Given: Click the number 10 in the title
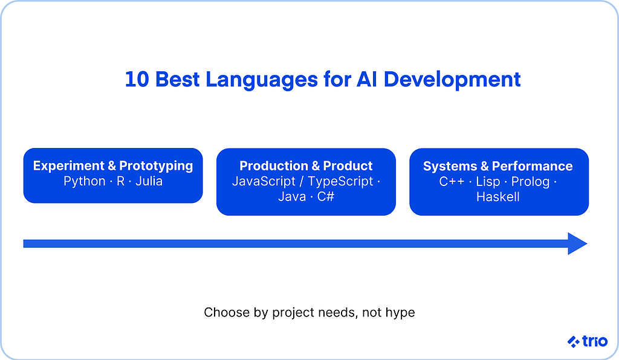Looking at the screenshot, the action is (137, 79).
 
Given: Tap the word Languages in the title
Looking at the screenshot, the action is (262, 80).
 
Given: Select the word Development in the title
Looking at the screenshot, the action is (452, 80).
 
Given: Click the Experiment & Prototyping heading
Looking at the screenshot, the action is (113, 166).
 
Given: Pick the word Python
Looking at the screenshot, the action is (85, 182).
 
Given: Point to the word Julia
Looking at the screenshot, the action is (149, 181).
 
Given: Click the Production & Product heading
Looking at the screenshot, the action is (306, 166).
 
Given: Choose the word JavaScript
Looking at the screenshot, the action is (264, 182).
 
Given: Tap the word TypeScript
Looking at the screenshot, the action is (340, 182).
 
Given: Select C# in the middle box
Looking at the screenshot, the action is (326, 196).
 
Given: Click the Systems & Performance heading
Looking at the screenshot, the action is (498, 166).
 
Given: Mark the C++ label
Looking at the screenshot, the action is (452, 181).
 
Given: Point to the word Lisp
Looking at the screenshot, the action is (488, 182).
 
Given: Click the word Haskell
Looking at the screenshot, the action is (498, 197).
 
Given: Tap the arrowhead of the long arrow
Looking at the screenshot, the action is (577, 243).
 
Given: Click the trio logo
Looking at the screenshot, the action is (587, 341).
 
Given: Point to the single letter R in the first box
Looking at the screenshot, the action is (120, 181).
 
